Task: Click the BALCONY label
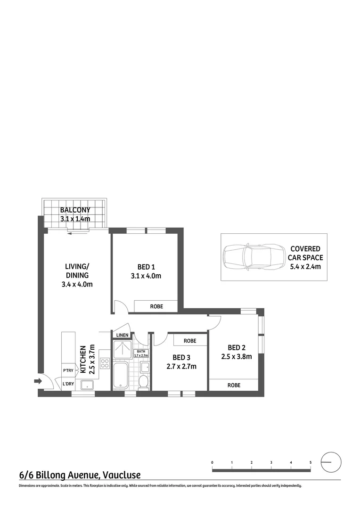click(x=75, y=210)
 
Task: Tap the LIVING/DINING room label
click(x=77, y=271)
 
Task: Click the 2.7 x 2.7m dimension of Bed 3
click(x=181, y=366)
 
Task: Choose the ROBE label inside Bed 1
click(x=156, y=306)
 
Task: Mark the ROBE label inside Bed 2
click(x=234, y=385)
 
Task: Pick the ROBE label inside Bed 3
click(x=190, y=340)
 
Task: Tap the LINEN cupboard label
click(x=122, y=335)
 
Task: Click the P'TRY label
click(x=68, y=370)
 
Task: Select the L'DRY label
click(x=68, y=384)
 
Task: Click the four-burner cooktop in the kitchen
click(x=105, y=364)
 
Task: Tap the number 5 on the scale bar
click(x=311, y=463)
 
